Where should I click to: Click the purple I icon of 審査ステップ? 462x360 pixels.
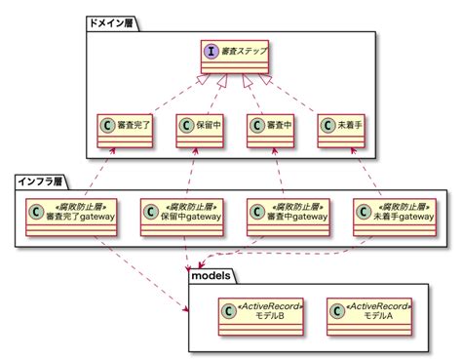tap(208, 51)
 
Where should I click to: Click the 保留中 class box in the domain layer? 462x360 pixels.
tap(201, 131)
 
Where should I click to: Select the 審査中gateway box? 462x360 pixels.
tap(287, 216)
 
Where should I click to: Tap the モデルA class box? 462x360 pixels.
tap(369, 312)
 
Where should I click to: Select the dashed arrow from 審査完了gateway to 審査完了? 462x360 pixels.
tap(102, 171)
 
